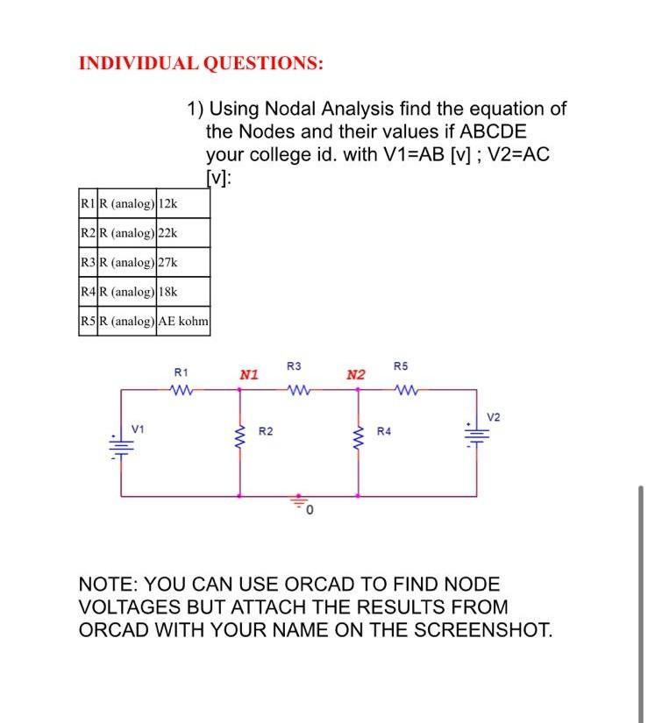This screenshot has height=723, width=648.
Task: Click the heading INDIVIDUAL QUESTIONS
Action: pyautogui.click(x=200, y=63)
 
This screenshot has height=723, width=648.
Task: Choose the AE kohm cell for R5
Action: pyautogui.click(x=182, y=321)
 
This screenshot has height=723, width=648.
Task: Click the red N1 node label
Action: pyautogui.click(x=249, y=375)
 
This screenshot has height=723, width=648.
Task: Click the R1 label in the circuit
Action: pyautogui.click(x=182, y=372)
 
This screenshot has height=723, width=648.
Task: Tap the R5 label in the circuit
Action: pyautogui.click(x=401, y=365)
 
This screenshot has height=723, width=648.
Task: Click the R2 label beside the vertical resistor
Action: pyautogui.click(x=266, y=431)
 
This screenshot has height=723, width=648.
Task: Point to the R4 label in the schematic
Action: pyautogui.click(x=384, y=431)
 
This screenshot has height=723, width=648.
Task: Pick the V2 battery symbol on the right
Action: pyautogui.click(x=477, y=435)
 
